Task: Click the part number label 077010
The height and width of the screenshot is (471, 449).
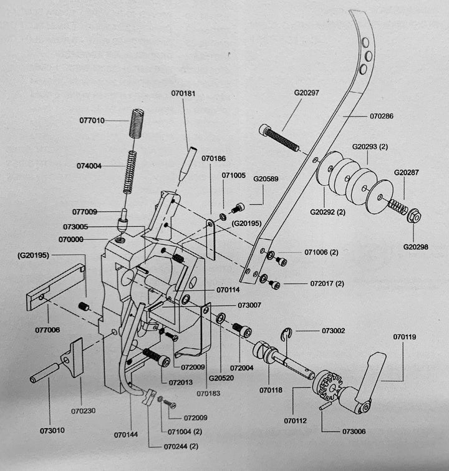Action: pos(92,120)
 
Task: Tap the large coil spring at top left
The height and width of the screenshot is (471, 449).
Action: pos(136,123)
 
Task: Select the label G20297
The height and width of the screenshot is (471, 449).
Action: pos(306,92)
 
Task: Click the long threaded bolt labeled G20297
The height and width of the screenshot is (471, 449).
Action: pos(279,138)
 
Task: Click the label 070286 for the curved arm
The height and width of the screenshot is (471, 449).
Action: pos(382,116)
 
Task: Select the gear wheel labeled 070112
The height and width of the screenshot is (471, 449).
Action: pos(327,386)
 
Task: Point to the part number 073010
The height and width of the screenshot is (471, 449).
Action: pos(52,430)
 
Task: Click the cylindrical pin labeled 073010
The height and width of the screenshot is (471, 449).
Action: pos(45,373)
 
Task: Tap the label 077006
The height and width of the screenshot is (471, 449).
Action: pos(47,330)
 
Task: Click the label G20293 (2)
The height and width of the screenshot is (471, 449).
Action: pos(370,147)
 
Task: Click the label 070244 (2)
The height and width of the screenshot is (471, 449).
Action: pos(181,446)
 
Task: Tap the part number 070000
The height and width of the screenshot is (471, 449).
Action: pos(71,240)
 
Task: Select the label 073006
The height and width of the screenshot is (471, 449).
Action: pos(354,431)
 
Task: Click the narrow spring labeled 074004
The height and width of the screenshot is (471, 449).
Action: pos(130,172)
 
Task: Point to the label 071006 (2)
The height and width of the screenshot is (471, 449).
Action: pos(321,252)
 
